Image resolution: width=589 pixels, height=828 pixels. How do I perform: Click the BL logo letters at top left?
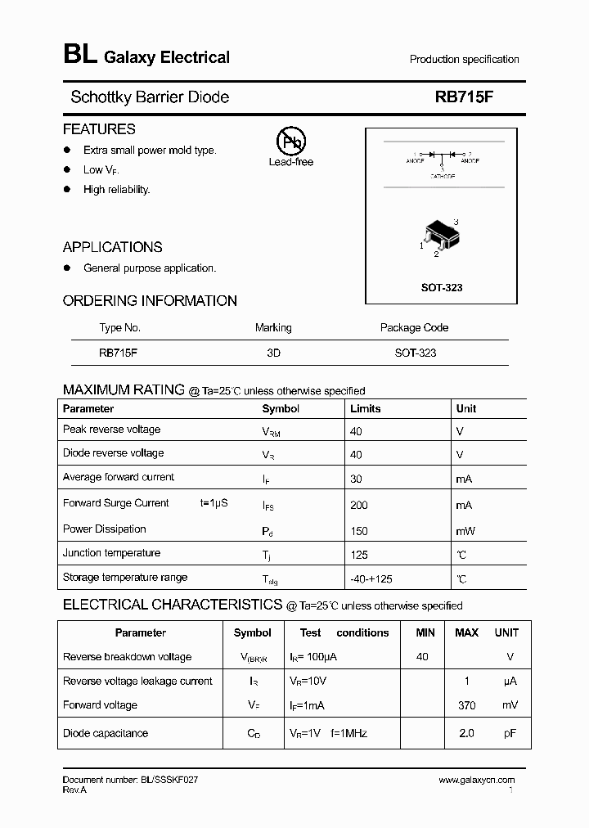79,56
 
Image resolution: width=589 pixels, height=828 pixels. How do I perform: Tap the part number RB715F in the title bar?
465,97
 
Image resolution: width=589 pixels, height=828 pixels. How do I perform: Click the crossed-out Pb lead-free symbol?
290,142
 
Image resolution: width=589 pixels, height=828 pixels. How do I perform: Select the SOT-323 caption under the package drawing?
442,288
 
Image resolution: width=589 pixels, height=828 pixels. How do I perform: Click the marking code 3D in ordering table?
273,353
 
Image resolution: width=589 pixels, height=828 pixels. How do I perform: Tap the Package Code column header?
414,327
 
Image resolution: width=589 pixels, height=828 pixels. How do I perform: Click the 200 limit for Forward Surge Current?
359,506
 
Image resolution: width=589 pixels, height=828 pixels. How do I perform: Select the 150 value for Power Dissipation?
359,531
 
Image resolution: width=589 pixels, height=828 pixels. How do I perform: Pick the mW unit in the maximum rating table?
465,531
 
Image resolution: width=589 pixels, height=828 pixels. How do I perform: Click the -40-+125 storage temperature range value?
371,578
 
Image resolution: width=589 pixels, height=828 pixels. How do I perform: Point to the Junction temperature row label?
111,553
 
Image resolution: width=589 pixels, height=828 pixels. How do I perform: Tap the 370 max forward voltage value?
466,705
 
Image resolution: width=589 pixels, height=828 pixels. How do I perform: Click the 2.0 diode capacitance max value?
466,733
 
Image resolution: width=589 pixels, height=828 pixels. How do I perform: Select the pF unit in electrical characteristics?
510,733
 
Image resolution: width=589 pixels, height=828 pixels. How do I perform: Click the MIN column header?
425,632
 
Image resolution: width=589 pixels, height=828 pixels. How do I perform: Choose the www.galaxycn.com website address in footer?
476,781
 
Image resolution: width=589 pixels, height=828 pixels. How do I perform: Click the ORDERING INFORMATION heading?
150,300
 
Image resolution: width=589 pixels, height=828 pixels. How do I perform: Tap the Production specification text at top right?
464,59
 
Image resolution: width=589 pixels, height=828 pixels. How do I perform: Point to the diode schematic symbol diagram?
442,159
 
